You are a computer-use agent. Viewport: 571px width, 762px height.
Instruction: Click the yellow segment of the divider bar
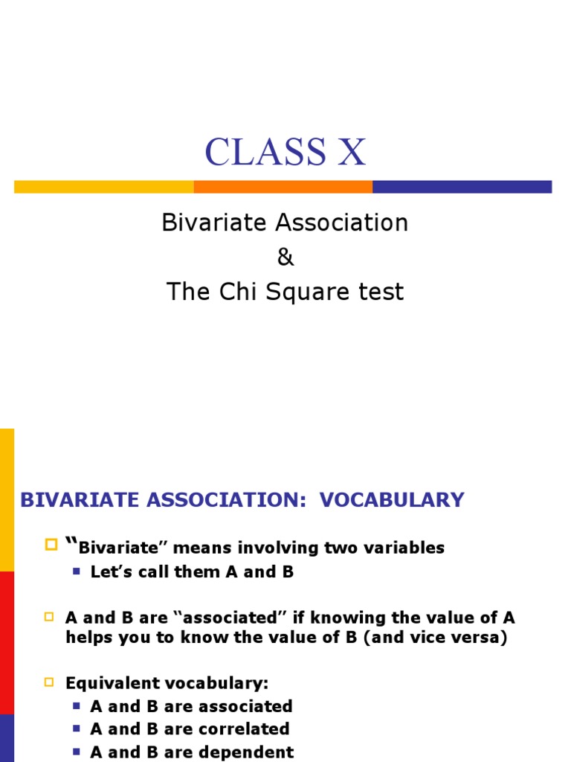click(103, 187)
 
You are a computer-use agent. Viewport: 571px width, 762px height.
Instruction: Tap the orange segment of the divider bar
click(283, 187)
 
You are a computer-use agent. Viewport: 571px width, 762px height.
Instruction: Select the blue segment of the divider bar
click(462, 187)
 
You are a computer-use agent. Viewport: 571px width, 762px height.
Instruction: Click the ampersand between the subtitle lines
click(285, 257)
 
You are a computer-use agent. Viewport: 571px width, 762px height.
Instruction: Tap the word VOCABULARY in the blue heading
click(392, 499)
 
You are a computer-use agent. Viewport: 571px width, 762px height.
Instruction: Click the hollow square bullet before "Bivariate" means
click(51, 545)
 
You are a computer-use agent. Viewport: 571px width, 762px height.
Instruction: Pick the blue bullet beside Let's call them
click(76, 571)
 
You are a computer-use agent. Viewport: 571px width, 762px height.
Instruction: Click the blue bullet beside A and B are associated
click(76, 705)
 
